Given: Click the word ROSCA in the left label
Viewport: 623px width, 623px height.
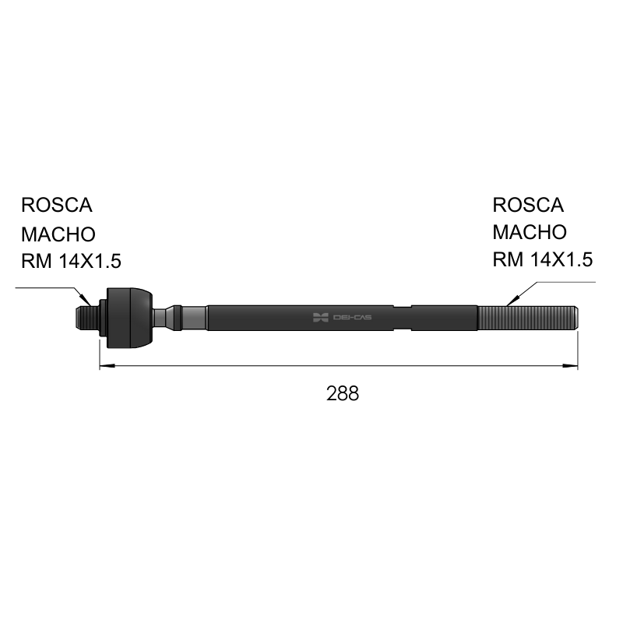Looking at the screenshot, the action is pos(57,205).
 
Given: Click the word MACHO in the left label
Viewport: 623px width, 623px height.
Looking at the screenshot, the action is pos(58,234).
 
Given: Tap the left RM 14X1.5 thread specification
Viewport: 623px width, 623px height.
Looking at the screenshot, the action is pos(71,262).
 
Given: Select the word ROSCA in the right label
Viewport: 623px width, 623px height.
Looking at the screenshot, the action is pos(528,205).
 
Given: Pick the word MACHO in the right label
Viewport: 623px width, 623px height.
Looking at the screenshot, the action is pos(530,232).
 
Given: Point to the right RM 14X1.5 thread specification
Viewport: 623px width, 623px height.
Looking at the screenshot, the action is pos(543,259).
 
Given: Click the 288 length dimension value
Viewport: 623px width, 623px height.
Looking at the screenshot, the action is pos(343,393).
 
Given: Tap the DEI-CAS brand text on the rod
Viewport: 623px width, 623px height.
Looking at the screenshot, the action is pos(353,318).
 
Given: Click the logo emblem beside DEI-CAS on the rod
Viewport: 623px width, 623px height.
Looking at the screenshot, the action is pos(321,318).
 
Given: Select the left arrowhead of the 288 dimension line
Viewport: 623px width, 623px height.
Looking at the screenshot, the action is pos(107,365).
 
